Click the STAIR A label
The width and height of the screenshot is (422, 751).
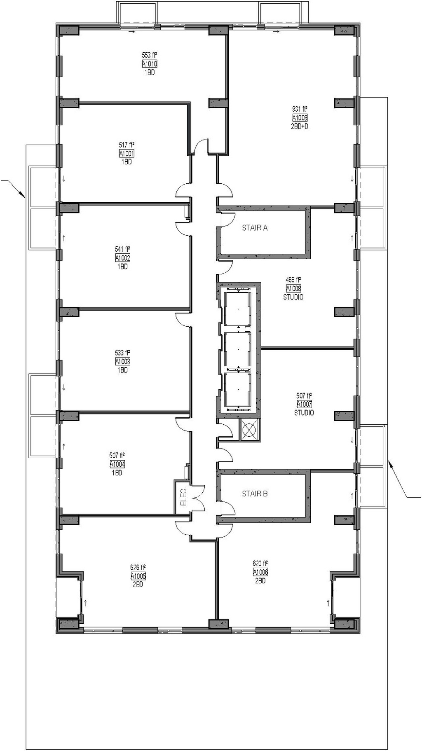[255, 227]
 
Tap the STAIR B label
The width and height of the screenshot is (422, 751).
[255, 494]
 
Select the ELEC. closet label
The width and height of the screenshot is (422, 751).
[184, 496]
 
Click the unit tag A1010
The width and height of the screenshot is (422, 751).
[150, 64]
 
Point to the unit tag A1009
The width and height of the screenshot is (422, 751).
[300, 118]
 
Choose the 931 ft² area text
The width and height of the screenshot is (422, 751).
[300, 109]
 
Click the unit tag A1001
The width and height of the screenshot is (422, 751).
[127, 154]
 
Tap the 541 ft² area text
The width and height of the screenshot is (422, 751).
[122, 249]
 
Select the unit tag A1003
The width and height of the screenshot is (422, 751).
[122, 362]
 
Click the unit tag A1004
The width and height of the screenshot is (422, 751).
[117, 464]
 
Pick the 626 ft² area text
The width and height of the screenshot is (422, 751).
[138, 567]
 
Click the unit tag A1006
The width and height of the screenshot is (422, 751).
[260, 572]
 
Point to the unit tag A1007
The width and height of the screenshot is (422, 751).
[304, 405]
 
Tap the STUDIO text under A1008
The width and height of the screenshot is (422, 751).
[293, 297]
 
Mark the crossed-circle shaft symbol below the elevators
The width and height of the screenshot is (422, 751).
[249, 430]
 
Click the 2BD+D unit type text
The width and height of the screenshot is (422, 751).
[300, 126]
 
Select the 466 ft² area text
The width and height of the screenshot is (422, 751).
[293, 280]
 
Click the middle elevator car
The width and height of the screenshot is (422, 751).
[237, 349]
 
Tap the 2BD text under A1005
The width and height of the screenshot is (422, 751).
[138, 585]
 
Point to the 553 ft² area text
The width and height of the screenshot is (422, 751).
[150, 55]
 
